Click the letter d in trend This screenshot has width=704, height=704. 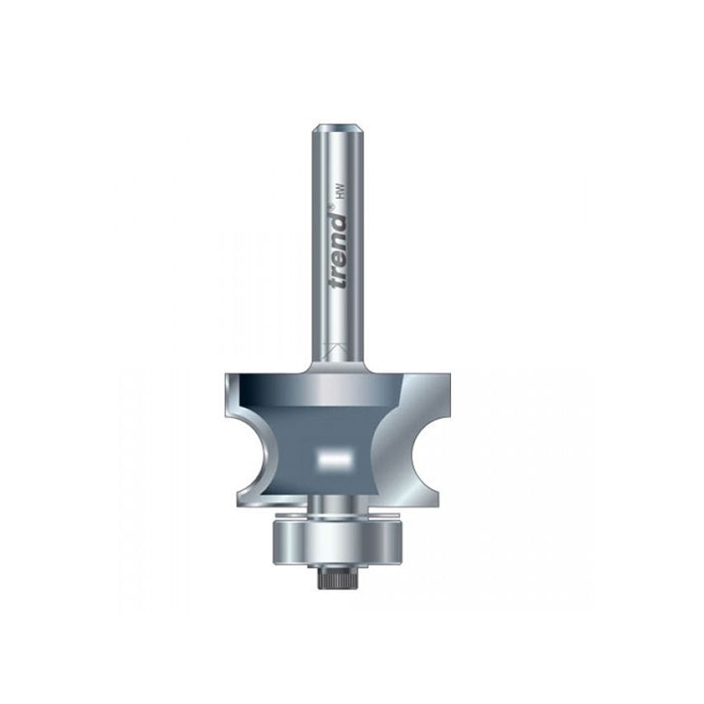click(x=338, y=221)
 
